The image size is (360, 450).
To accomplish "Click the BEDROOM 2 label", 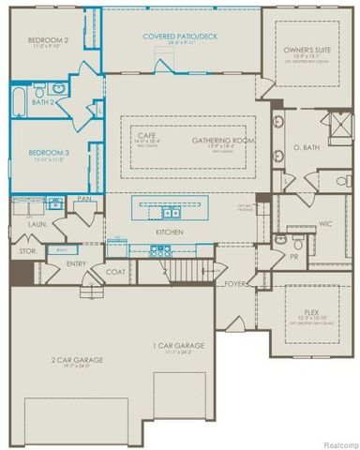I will [x=49, y=41].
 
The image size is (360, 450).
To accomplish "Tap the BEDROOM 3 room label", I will [x=48, y=151].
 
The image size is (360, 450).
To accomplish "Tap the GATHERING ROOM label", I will [x=218, y=140].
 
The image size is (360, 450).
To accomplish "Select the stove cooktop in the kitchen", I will [x=159, y=250].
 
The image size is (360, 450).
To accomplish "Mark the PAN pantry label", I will [x=83, y=200].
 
